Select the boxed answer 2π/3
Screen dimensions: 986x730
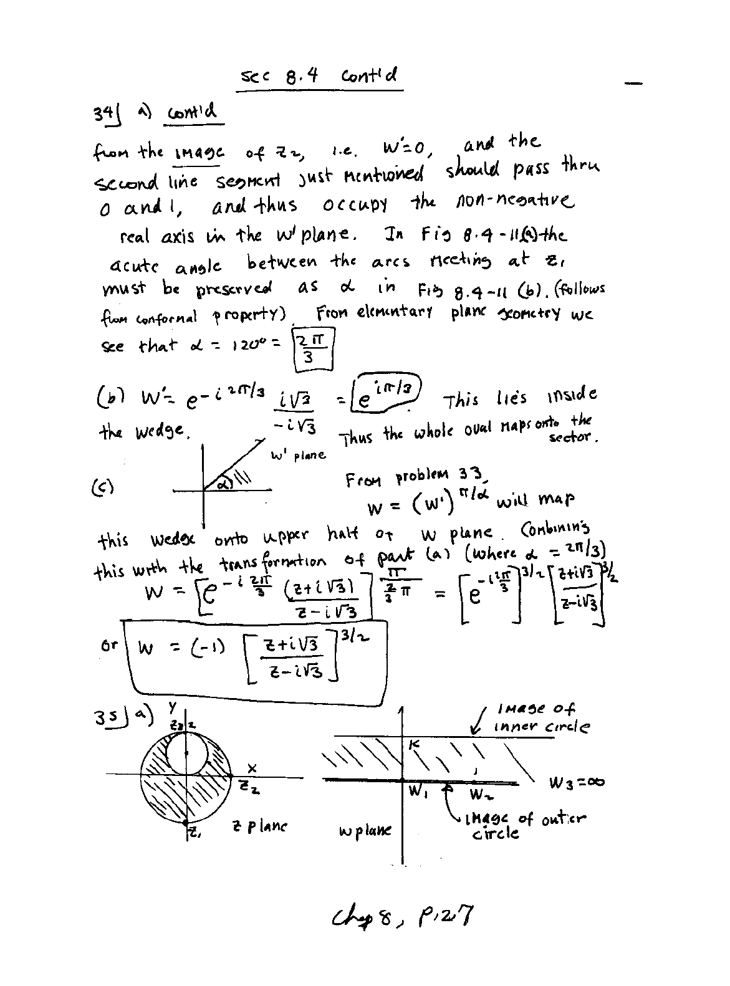point(315,348)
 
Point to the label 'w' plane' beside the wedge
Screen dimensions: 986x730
point(298,454)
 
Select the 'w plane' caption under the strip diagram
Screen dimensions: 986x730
point(365,831)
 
